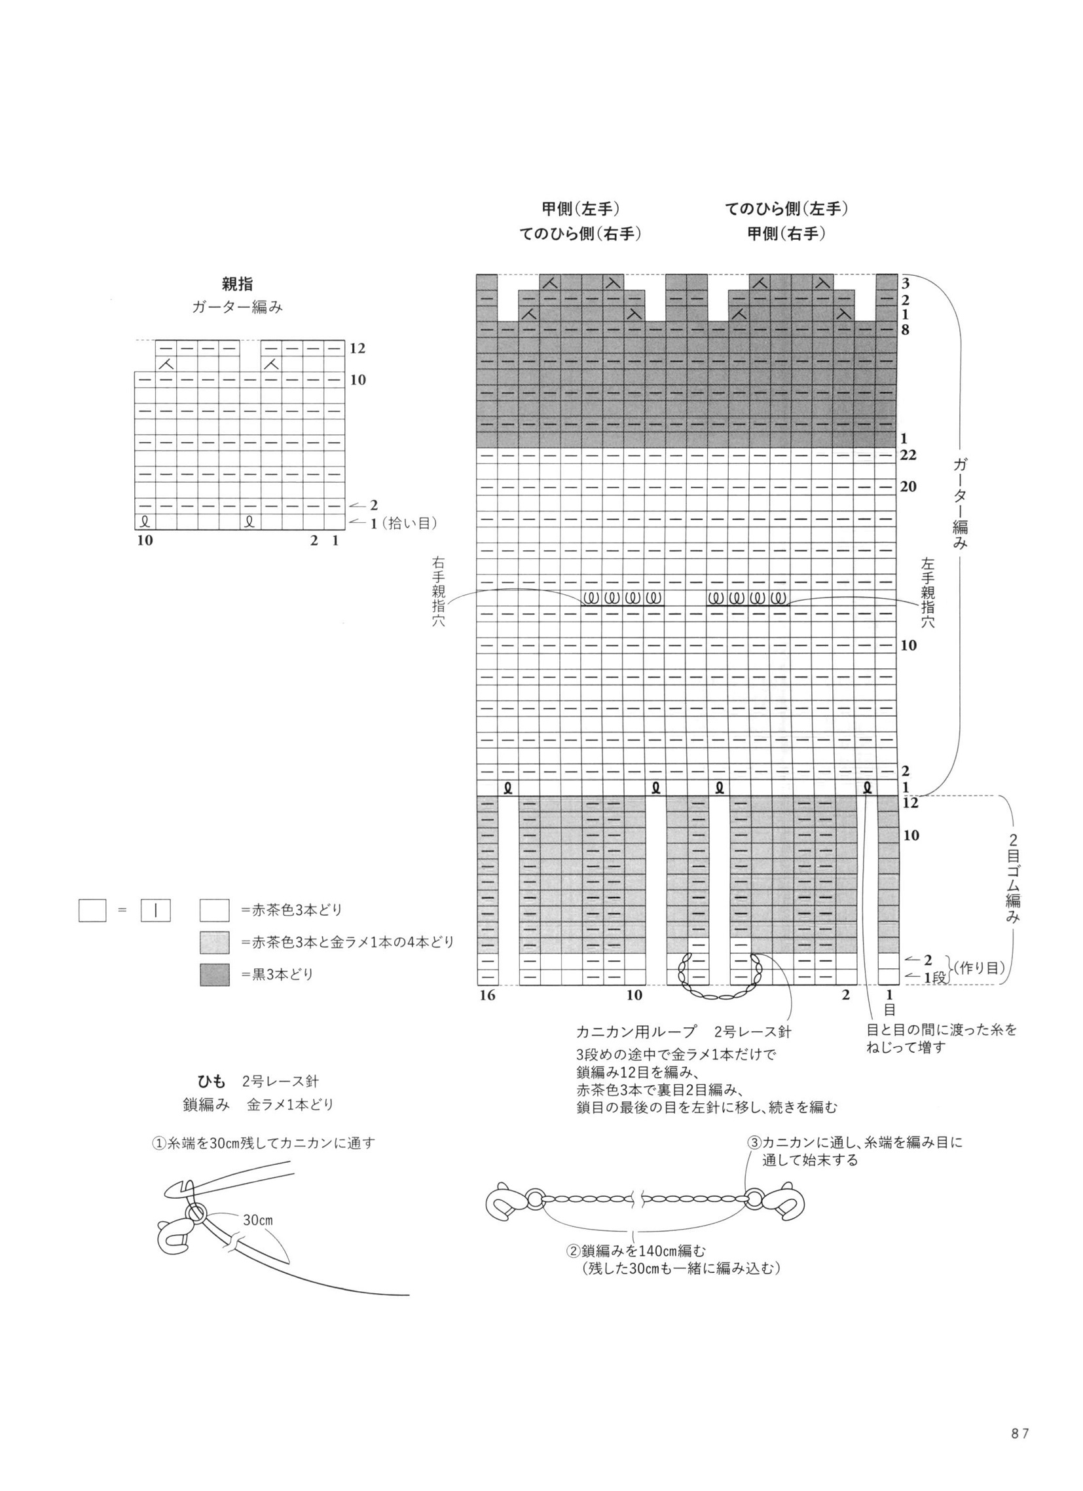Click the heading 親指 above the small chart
[x=237, y=284]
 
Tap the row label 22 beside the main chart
[x=909, y=455]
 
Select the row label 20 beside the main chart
[x=909, y=487]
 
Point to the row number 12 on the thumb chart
[x=358, y=348]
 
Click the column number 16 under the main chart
[x=487, y=994]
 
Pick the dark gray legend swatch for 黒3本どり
[x=215, y=974]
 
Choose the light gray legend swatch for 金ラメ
[x=215, y=943]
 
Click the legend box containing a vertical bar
[x=156, y=911]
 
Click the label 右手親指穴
[x=438, y=592]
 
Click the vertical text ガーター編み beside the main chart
[x=960, y=504]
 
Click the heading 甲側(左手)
[x=580, y=209]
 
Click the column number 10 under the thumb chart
[x=145, y=540]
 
